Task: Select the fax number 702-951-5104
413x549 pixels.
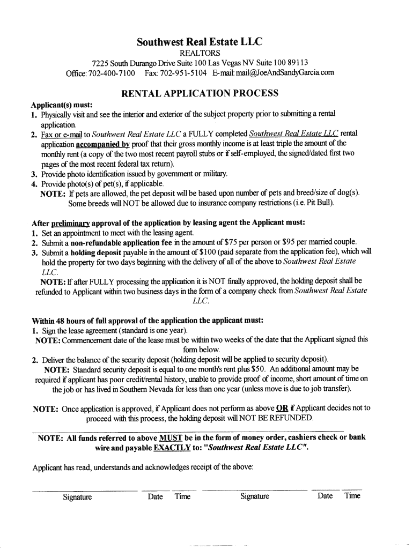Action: pyautogui.click(x=182, y=73)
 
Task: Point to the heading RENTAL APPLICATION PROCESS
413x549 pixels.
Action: pyautogui.click(x=200, y=93)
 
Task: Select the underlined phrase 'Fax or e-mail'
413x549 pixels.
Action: pyautogui.click(x=59, y=133)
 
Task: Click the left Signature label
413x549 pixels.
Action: pyautogui.click(x=77, y=497)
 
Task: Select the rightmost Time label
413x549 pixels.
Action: pyautogui.click(x=352, y=496)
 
